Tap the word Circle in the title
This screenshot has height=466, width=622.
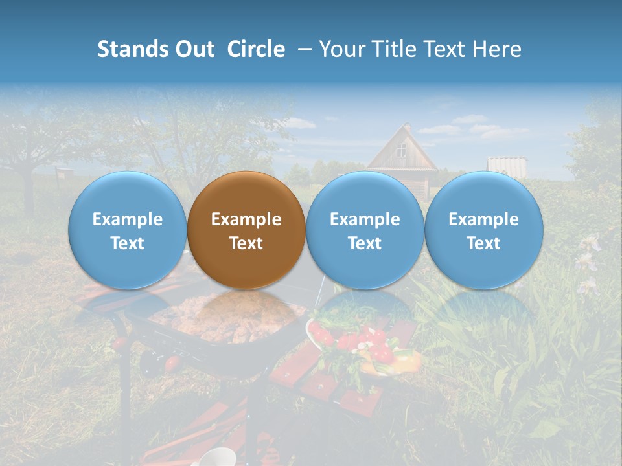coord(256,49)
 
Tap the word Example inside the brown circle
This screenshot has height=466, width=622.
coord(246,219)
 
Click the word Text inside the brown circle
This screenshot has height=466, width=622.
coord(246,243)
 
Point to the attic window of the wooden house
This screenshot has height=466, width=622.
coord(402,151)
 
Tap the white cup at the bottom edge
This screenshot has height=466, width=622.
coord(216,458)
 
